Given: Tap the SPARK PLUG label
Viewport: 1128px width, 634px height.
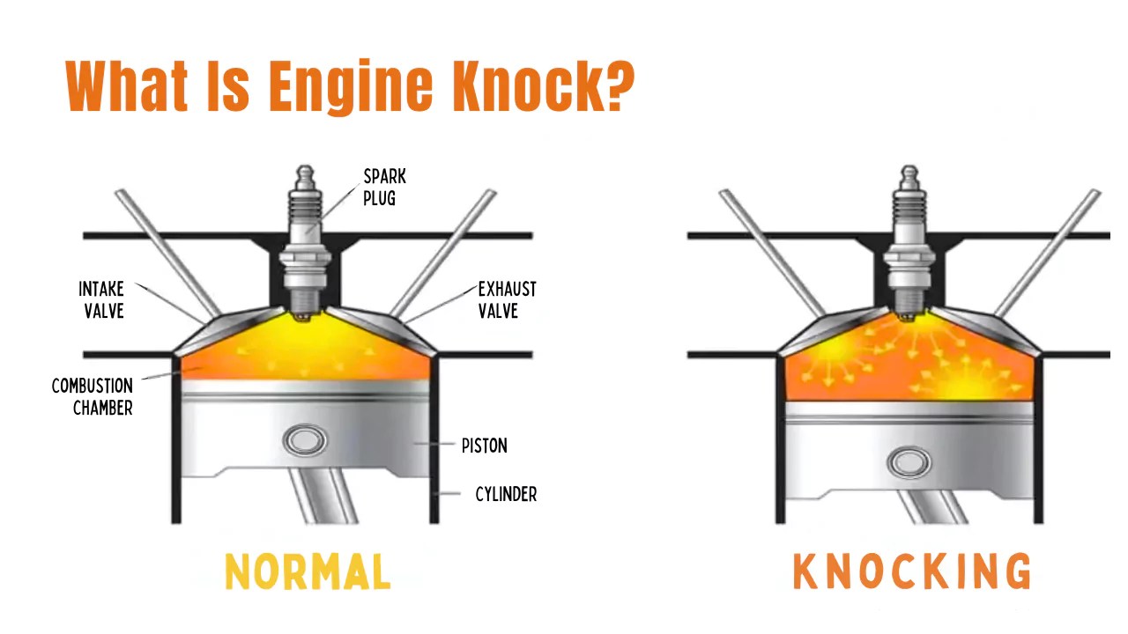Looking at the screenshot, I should (x=385, y=188).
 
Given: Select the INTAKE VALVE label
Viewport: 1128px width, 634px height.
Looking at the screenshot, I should (x=101, y=300).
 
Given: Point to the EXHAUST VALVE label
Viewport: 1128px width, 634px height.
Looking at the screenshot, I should (x=507, y=300).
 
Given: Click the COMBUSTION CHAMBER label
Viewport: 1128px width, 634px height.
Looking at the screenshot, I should (x=93, y=397).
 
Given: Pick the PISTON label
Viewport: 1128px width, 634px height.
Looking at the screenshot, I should (x=484, y=446).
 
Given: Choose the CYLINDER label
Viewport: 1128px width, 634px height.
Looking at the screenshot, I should (x=506, y=494).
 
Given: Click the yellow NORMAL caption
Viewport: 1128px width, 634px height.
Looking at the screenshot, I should (x=308, y=572).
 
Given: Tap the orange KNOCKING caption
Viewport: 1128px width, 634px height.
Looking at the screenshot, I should (x=911, y=572).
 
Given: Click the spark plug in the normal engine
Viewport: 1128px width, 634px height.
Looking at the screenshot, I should (x=304, y=238).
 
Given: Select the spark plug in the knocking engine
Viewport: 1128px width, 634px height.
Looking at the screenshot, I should (x=909, y=238).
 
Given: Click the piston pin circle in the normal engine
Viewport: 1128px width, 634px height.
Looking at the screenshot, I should (x=305, y=440).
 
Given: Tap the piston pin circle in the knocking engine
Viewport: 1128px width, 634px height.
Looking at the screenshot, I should (x=909, y=461).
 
